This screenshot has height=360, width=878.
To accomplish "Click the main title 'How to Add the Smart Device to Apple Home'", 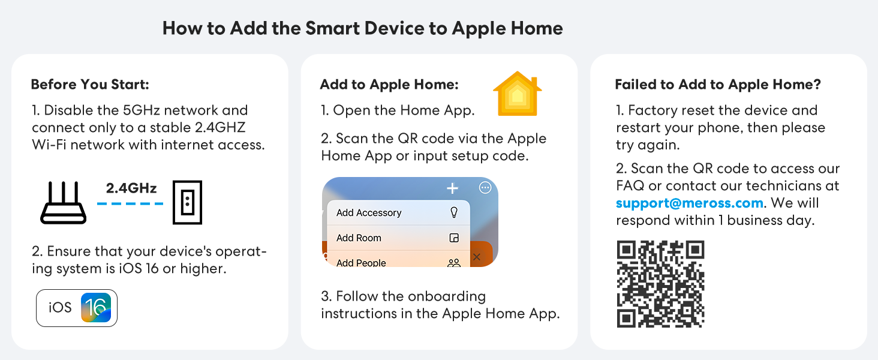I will [x=362, y=28].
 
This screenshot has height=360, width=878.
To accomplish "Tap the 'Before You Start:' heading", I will [x=90, y=85].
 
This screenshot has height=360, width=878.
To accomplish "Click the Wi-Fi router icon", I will [x=63, y=203].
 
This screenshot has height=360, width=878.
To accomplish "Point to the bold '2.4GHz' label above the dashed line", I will [x=131, y=188].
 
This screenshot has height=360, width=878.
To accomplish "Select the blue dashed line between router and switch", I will [x=130, y=203].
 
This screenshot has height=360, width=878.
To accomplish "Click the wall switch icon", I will [x=187, y=202].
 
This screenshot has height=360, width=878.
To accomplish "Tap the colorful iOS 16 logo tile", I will [x=96, y=308].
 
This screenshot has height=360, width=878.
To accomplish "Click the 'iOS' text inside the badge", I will [x=60, y=308].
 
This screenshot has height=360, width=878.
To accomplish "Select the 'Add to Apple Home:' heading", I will [x=389, y=85].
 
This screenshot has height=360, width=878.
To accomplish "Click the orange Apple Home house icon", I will [x=516, y=94].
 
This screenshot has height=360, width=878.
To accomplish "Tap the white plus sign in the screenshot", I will [x=452, y=188].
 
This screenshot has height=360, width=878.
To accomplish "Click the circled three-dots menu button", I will [x=485, y=188].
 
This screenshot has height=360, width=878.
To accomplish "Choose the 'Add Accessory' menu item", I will [x=369, y=212].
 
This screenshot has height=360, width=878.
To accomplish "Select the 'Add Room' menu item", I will [x=359, y=238].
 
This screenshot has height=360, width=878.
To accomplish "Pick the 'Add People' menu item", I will [x=361, y=262].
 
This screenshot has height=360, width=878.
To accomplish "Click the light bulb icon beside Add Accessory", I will [x=454, y=212].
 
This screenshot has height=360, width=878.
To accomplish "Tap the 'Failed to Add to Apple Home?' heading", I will [x=718, y=85].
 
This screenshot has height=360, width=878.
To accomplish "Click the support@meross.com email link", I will [x=690, y=203].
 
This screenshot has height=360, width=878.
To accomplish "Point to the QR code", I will [x=660, y=284].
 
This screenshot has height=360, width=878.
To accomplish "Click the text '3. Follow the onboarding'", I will [x=404, y=296].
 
